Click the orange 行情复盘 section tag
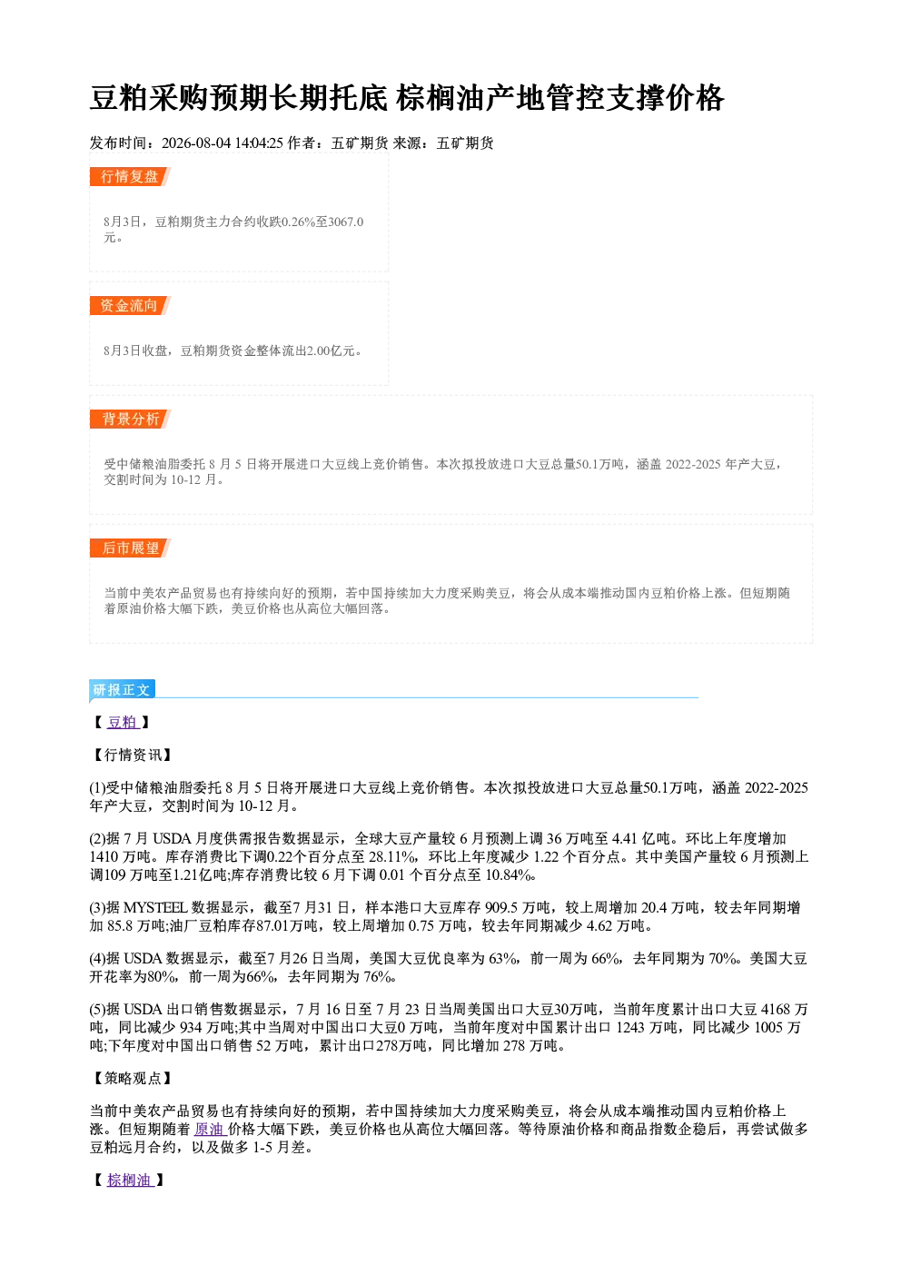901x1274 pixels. (x=130, y=177)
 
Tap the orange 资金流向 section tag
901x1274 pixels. (x=130, y=305)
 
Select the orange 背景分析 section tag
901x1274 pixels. (x=130, y=420)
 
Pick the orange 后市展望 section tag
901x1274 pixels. (x=130, y=548)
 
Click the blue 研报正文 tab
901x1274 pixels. (x=122, y=689)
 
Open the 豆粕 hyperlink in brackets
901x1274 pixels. (x=123, y=722)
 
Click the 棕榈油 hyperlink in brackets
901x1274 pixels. (x=130, y=1180)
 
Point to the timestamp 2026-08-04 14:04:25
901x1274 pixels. (x=223, y=143)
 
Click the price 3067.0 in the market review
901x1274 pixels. (x=346, y=222)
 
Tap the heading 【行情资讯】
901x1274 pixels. (x=132, y=755)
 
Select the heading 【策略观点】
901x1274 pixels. (x=132, y=1078)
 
